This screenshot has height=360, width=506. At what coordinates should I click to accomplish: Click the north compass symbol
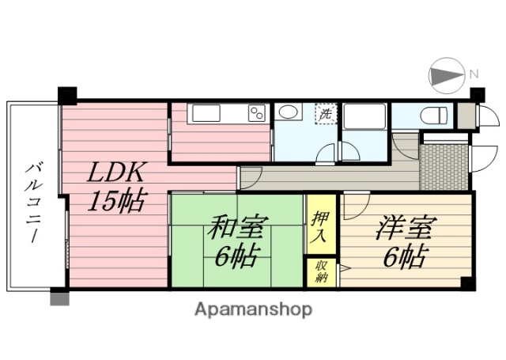click(447, 75)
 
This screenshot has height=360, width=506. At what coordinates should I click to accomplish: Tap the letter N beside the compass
click(474, 74)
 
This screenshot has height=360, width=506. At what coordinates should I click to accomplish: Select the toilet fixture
click(432, 116)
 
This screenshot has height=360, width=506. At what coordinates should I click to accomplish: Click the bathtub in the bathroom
click(364, 116)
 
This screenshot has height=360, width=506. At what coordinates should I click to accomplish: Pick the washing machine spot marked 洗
click(325, 113)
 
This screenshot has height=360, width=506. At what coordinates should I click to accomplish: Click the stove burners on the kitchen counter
click(257, 113)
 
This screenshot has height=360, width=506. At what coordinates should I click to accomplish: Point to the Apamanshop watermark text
click(253, 309)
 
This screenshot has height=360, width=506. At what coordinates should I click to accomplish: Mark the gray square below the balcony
click(59, 298)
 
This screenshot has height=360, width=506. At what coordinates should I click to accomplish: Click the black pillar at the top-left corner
click(67, 95)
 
